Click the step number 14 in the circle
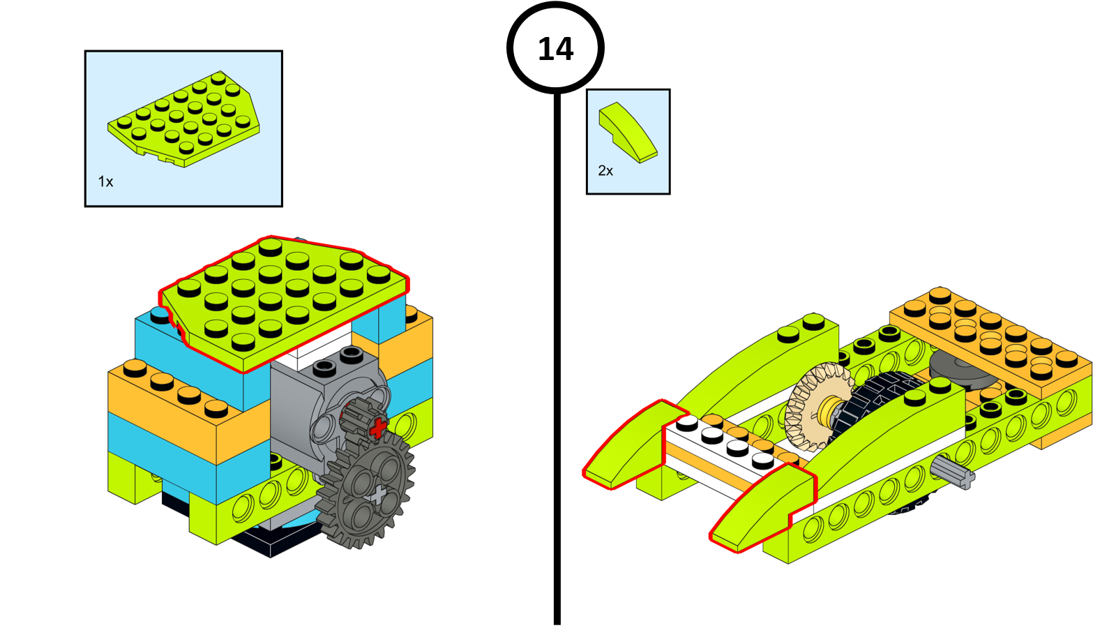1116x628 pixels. (555, 49)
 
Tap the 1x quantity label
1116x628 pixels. (105, 181)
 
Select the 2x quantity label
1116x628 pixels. (605, 171)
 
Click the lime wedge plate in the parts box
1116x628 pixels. (184, 119)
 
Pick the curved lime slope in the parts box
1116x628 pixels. (628, 132)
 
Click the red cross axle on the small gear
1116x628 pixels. (377, 428)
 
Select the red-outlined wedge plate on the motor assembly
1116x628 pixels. (284, 301)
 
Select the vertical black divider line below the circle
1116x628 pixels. (557, 359)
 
